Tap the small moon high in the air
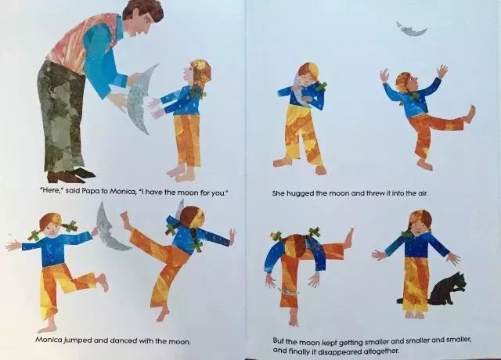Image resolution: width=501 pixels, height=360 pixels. (411, 31)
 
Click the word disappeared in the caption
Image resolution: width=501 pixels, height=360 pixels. (344, 351)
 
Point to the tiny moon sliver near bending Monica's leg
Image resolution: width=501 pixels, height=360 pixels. (288, 291)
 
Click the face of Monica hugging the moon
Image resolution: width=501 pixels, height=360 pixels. (308, 79)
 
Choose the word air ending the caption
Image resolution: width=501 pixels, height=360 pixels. (422, 193)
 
